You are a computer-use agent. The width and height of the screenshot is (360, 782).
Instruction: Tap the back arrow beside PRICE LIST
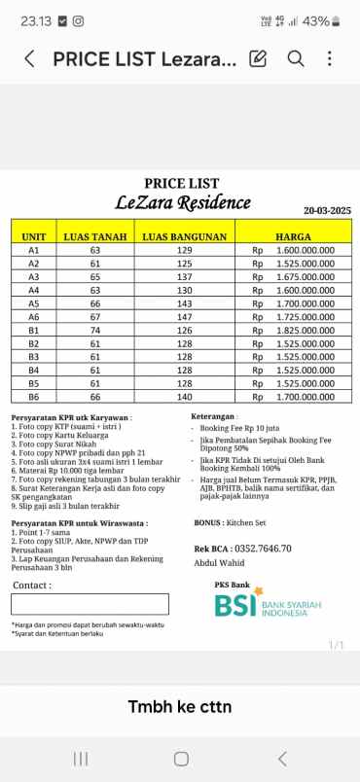29,59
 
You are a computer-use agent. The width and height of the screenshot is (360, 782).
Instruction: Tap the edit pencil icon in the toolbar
258,58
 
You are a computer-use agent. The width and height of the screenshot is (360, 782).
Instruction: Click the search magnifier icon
296,58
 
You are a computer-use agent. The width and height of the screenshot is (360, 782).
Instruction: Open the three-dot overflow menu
330,58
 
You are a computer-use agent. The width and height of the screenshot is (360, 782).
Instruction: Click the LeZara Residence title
182,202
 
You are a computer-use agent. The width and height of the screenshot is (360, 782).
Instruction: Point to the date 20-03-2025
327,211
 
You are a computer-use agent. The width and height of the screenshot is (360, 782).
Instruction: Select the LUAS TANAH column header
95,236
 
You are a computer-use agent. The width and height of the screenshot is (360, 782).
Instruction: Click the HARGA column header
293,236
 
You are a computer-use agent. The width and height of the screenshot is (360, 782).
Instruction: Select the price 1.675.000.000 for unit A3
306,276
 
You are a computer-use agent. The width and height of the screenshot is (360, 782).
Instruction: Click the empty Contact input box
90,603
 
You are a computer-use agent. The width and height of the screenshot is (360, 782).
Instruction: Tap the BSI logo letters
236,606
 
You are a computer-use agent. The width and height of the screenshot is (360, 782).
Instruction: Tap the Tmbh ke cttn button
180,705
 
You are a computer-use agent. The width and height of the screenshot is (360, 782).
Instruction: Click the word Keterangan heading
212,415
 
